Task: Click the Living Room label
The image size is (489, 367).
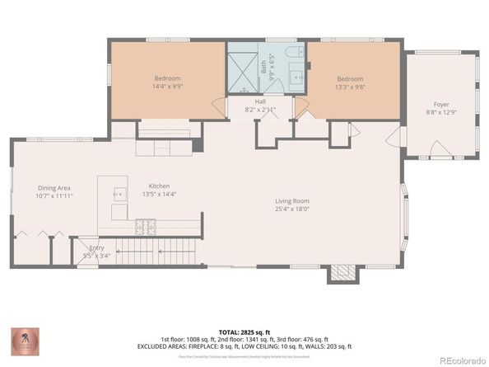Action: pyautogui.click(x=291, y=200)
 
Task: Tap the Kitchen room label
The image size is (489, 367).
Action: pyautogui.click(x=159, y=186)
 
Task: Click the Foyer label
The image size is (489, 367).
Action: pyautogui.click(x=442, y=105)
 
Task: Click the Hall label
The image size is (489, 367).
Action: pyautogui.click(x=260, y=101)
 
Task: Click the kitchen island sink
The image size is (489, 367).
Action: pyautogui.click(x=117, y=195)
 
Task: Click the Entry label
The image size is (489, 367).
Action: pyautogui.click(x=86, y=247)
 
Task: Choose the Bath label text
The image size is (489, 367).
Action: pyautogui.click(x=264, y=71)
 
